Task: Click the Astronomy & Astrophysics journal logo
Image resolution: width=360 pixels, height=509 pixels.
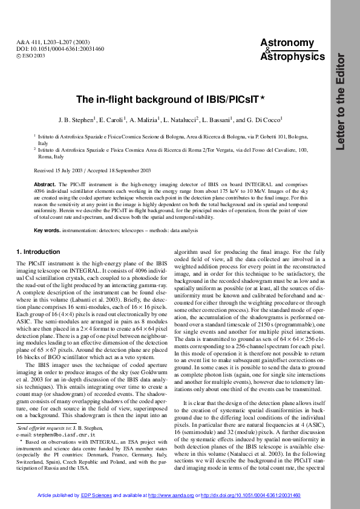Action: click(x=287, y=50)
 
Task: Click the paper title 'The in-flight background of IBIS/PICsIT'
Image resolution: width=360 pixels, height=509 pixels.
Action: click(x=167, y=99)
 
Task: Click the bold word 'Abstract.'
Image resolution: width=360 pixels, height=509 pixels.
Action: click(x=45, y=183)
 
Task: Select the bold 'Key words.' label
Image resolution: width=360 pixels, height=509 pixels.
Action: click(x=47, y=231)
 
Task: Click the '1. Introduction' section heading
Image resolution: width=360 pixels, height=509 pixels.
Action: click(x=38, y=252)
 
